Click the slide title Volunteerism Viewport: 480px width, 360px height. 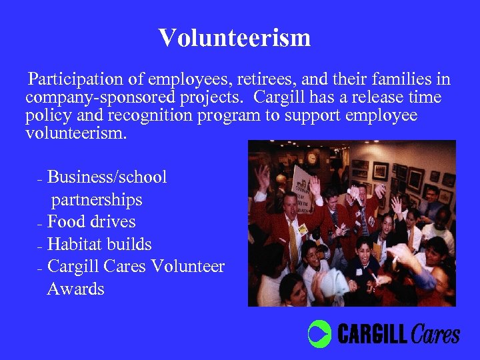235,38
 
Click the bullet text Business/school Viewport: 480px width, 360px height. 107,177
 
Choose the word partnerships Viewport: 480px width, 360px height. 97,199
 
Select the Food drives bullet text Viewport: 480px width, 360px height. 91,221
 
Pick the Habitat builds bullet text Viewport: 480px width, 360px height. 99,244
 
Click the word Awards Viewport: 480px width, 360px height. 76,289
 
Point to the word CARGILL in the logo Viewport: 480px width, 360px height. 372,334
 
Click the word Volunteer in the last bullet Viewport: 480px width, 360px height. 187,267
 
